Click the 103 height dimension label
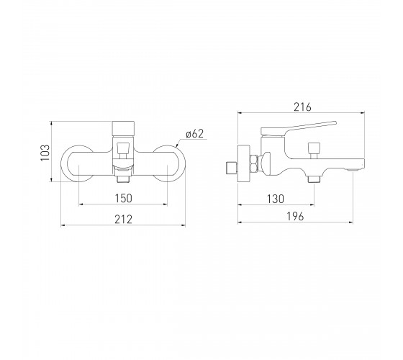point(45,153)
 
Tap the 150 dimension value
point(123,198)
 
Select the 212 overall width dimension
point(123,220)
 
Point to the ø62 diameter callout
point(195,134)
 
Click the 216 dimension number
point(302,107)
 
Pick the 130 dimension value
point(276,199)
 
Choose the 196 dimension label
point(295,217)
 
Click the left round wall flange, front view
point(64,163)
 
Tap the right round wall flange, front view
point(181,163)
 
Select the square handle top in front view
point(123,129)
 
